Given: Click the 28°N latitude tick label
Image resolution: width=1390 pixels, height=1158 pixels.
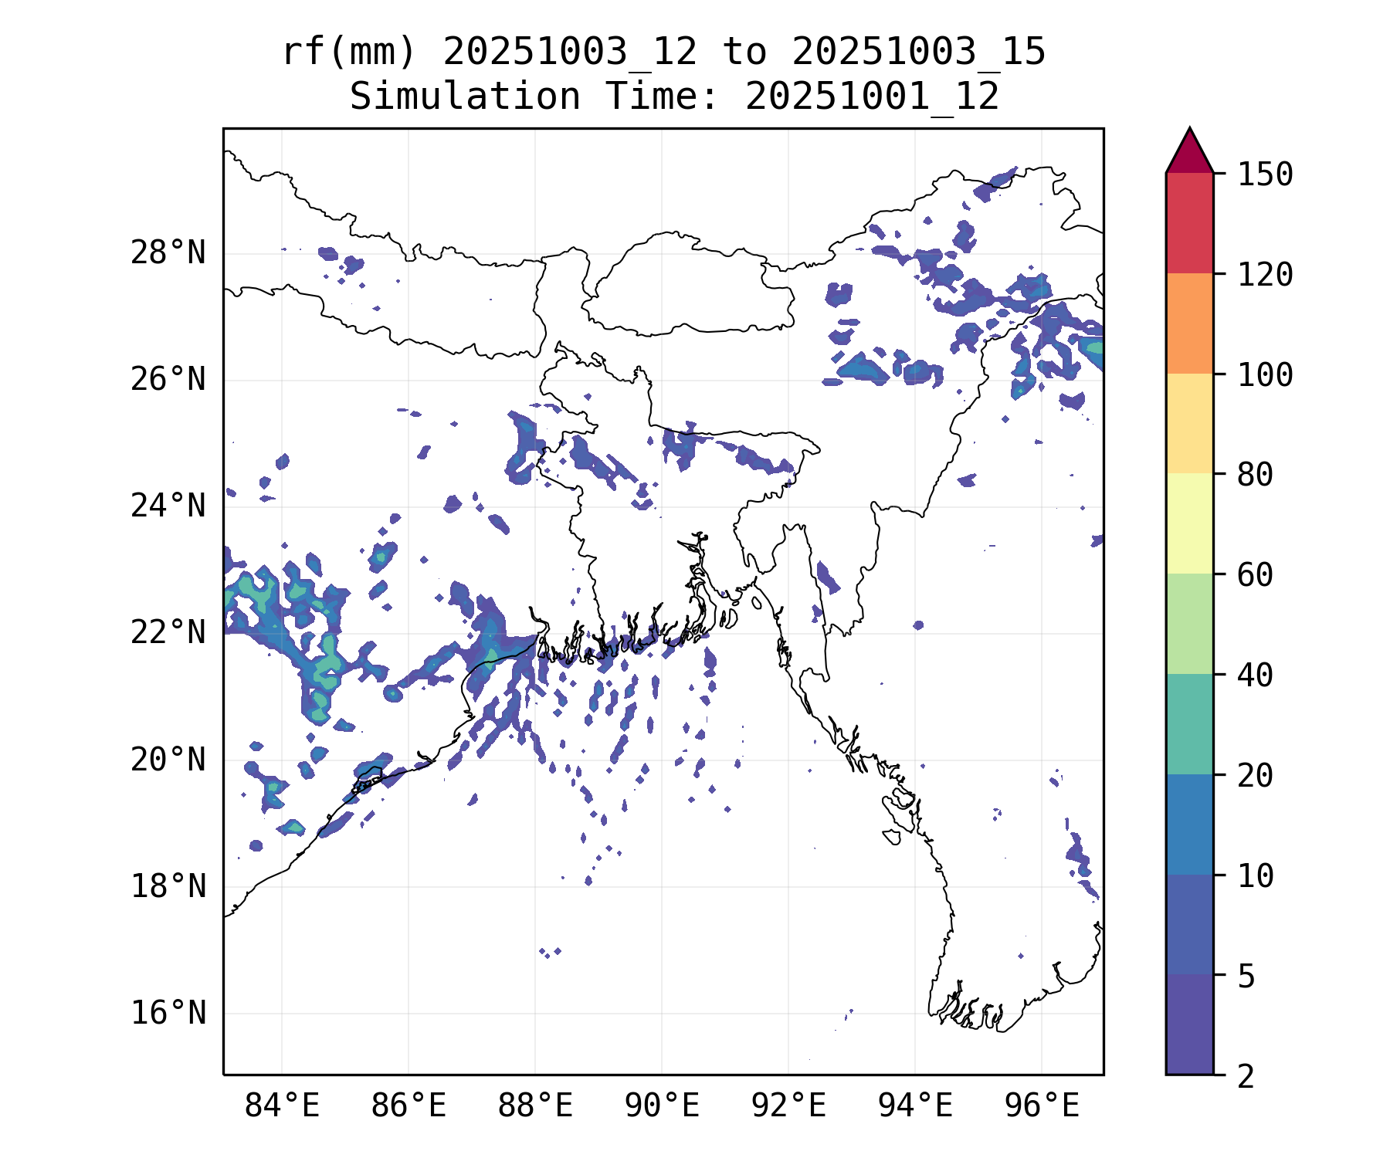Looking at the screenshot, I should pyautogui.click(x=168, y=253).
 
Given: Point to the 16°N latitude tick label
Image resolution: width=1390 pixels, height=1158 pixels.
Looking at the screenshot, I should pyautogui.click(x=168, y=1013).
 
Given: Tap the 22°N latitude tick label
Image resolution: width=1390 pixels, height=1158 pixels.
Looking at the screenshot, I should pyautogui.click(x=168, y=633).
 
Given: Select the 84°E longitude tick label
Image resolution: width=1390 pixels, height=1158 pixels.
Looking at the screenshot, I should pyautogui.click(x=282, y=1106).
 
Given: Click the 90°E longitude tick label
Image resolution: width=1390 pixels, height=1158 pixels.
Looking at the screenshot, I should pyautogui.click(x=662, y=1106).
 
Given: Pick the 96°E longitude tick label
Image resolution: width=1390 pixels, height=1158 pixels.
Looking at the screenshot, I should pyautogui.click(x=1042, y=1106).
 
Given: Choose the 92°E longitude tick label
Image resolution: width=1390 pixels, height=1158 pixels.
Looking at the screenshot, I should pyautogui.click(x=788, y=1106).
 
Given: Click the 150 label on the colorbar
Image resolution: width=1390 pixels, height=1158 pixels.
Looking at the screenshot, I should pyautogui.click(x=1265, y=174).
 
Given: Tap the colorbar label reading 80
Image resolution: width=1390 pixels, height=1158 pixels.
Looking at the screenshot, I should pyautogui.click(x=1255, y=475).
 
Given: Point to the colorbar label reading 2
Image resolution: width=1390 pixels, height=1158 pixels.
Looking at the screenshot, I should pyautogui.click(x=1246, y=1076).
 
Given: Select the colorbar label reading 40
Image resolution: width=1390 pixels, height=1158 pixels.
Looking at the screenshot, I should pyautogui.click(x=1255, y=675).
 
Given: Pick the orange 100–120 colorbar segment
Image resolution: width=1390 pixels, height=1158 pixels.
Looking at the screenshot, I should pyautogui.click(x=1189, y=323).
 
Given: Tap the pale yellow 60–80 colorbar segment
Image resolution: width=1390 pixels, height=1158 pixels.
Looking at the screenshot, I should pyautogui.click(x=1189, y=523).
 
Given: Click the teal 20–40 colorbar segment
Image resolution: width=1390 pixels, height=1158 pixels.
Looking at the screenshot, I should pyautogui.click(x=1189, y=724).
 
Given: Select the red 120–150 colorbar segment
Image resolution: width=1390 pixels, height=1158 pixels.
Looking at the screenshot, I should pyautogui.click(x=1189, y=223).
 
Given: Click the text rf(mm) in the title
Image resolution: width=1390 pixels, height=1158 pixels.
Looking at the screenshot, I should pyautogui.click(x=349, y=52).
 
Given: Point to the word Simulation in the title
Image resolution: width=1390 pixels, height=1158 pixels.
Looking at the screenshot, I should pyautogui.click(x=465, y=97).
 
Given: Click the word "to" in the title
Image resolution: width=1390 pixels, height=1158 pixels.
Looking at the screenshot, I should pyautogui.click(x=744, y=52).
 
